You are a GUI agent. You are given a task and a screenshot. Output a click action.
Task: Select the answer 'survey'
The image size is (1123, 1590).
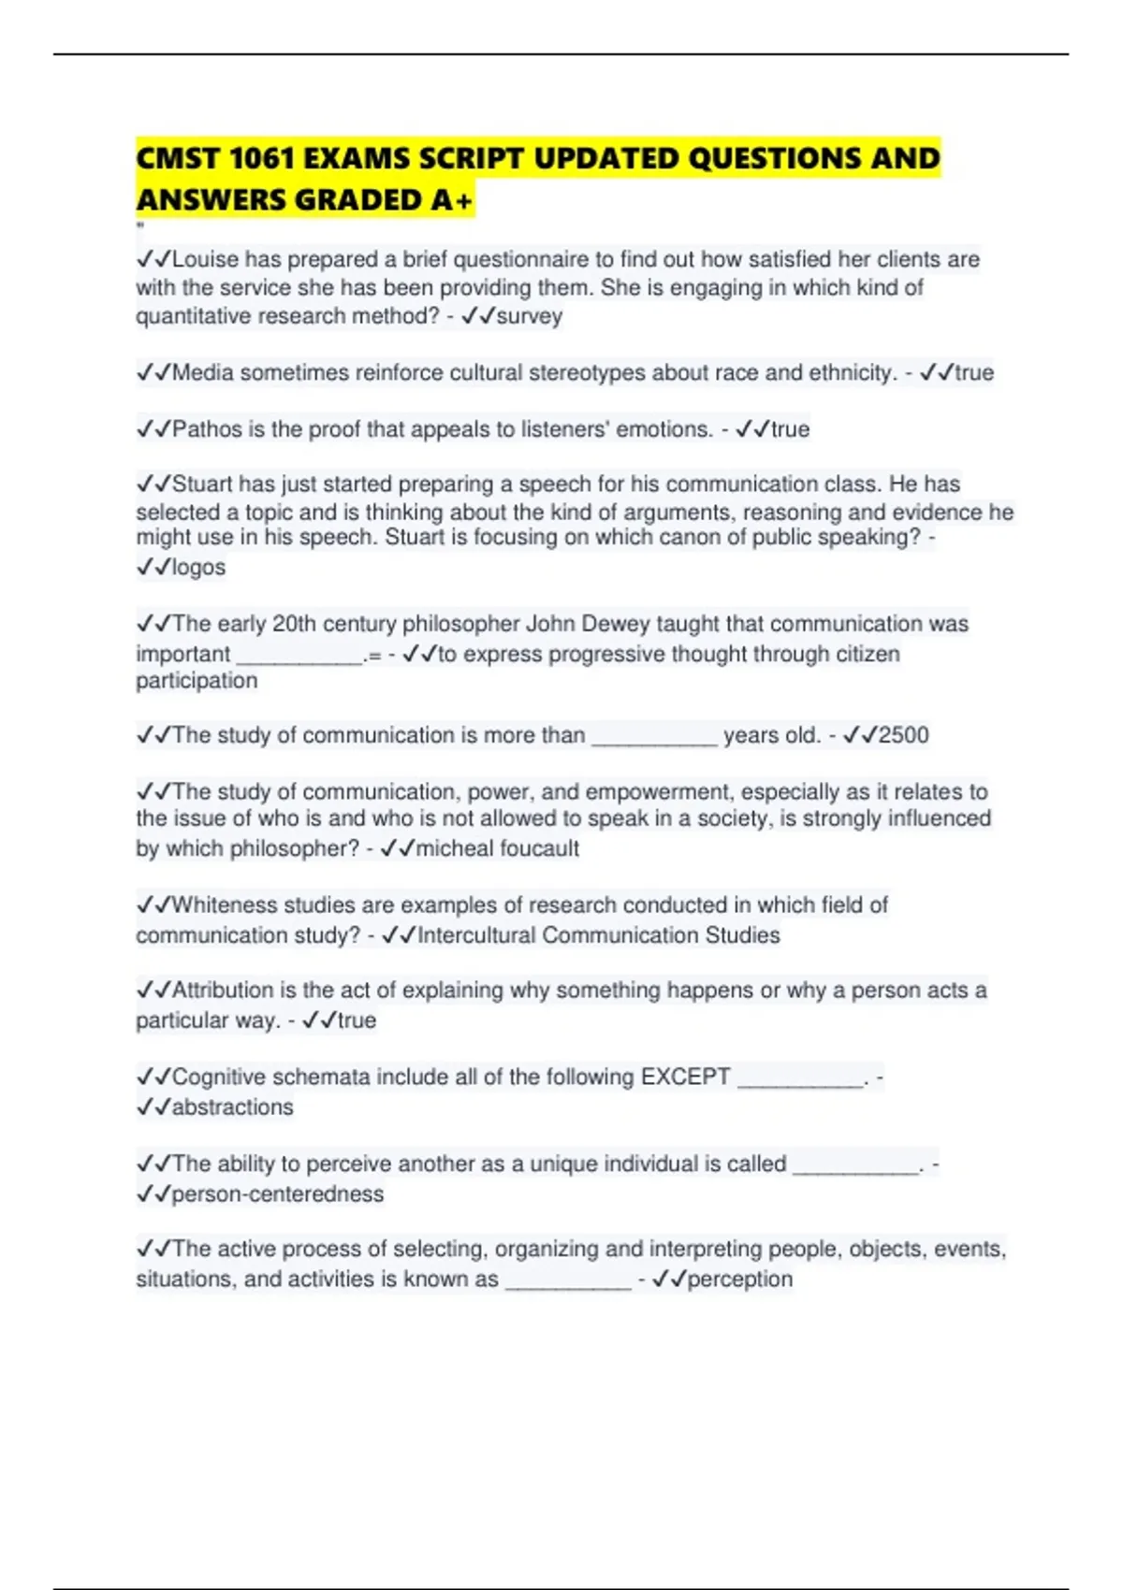529,316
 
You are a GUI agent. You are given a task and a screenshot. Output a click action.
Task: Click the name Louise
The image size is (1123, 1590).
205,259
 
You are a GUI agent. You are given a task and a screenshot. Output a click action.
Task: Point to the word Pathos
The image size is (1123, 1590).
207,429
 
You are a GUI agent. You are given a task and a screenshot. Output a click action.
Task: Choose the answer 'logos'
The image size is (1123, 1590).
198,567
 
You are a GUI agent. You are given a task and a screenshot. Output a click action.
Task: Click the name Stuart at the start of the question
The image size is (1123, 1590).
202,484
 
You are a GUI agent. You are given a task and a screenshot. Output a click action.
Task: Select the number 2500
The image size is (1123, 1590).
903,735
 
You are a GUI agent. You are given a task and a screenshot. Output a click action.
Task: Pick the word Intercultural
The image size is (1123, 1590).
476,935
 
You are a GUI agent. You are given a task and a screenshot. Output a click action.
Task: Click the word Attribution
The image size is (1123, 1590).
222,990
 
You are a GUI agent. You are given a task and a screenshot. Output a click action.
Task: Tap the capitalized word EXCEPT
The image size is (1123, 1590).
685,1077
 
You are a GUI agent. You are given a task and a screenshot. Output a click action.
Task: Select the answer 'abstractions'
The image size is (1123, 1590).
232,1107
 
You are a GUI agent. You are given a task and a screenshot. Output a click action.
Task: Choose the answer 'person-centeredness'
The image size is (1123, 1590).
277,1194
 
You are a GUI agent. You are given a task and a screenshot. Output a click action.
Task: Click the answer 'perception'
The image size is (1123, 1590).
739,1279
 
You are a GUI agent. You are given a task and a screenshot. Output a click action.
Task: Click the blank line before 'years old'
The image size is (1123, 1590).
654,739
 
